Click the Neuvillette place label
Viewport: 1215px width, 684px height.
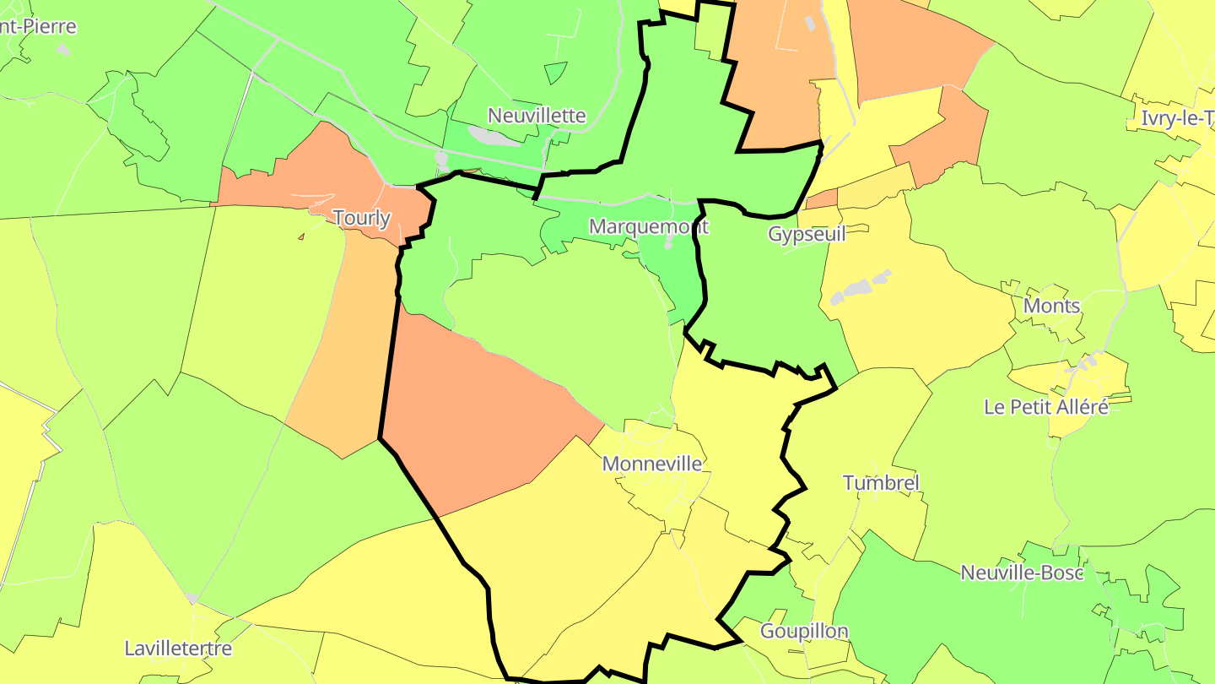537,116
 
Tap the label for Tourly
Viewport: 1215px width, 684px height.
362,218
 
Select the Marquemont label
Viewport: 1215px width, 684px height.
648,226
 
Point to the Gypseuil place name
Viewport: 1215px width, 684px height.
806,234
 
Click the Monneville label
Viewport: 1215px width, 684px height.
651,464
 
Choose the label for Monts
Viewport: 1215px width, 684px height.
1051,306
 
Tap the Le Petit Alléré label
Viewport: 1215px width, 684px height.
1045,407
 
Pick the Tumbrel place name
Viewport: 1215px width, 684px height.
881,483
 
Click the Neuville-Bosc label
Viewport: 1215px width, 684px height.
1022,573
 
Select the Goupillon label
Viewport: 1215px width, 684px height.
804,631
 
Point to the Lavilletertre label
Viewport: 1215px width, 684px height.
178,649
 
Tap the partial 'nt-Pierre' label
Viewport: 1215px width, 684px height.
38,26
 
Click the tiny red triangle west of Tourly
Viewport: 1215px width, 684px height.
300,237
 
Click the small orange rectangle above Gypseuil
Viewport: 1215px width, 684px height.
821,200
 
